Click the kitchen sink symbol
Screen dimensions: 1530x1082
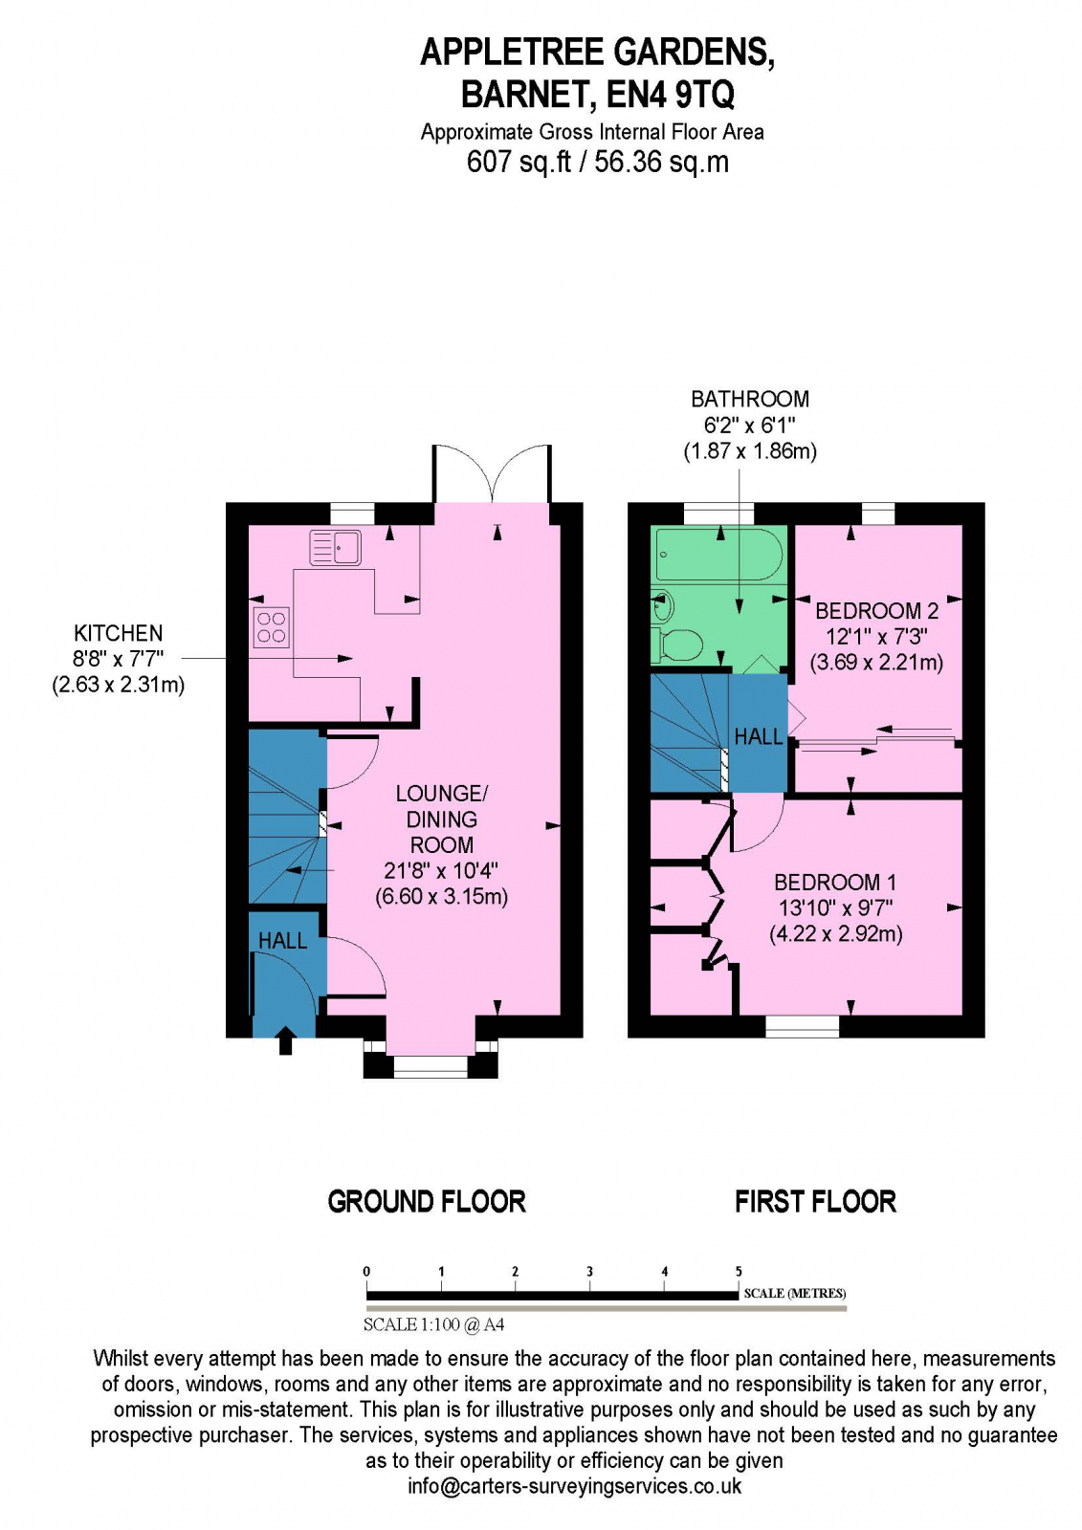335,548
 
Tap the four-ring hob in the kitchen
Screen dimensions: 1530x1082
271,627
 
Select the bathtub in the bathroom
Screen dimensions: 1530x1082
718,554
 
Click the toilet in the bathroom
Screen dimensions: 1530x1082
678,645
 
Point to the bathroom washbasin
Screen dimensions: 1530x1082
662,605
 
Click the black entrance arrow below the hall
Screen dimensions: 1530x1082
285,1040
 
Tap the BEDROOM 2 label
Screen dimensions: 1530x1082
876,611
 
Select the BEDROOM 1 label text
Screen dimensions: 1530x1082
834,883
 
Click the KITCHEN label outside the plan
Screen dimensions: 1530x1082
119,633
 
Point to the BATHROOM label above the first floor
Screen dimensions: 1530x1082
750,399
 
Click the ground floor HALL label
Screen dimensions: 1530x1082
282,941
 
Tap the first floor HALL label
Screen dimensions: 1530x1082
758,736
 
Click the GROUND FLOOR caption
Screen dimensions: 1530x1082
427,1202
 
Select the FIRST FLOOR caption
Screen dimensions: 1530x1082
815,1202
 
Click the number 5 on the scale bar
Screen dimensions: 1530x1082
739,1272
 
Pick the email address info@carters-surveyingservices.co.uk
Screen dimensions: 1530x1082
574,1486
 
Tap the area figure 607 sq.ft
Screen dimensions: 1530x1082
518,162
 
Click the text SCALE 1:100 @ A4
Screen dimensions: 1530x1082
433,1324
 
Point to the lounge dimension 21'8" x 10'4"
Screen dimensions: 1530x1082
441,870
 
